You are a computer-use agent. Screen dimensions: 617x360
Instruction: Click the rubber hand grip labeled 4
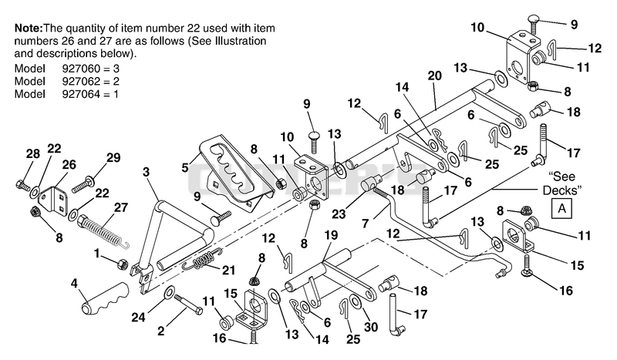[x=105, y=298]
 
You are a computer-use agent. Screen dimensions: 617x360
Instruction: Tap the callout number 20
[x=435, y=76]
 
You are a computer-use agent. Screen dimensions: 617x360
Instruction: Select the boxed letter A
[x=561, y=208]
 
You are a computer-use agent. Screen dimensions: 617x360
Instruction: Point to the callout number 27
[x=121, y=207]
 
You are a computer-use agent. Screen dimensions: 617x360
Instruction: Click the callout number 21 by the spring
[x=228, y=271]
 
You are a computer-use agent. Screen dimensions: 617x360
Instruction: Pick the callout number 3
[x=146, y=172]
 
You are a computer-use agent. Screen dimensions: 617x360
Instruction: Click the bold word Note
[x=29, y=28]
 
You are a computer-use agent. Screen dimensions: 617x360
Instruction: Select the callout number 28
[x=33, y=154]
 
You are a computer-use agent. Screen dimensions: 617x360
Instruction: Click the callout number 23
[x=339, y=214]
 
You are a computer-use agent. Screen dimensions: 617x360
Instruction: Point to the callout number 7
[x=365, y=224]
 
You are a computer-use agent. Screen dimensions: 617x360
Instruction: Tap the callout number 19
[x=331, y=235]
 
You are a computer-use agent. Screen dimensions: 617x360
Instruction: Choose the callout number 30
[x=371, y=327]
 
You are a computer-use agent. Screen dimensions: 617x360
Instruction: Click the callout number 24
[x=139, y=318]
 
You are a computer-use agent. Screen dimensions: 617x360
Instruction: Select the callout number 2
[x=160, y=331]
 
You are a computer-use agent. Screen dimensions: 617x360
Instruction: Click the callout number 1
[x=97, y=253]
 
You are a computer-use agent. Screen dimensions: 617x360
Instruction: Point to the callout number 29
[x=113, y=158]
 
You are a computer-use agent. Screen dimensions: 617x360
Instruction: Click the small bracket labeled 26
[x=52, y=200]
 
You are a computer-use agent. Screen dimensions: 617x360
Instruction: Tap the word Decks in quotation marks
[x=561, y=190]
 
